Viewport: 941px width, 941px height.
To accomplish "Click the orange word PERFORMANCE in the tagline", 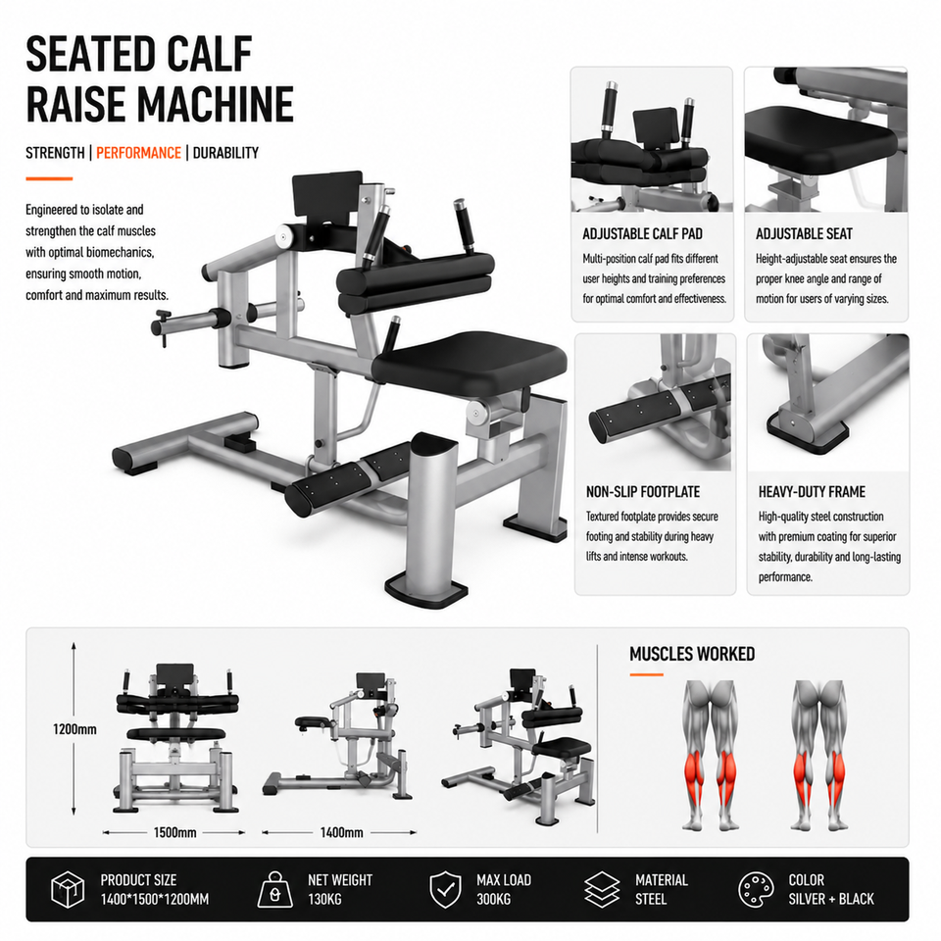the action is click(138, 153).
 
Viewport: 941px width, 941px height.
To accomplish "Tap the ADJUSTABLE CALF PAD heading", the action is click(642, 234).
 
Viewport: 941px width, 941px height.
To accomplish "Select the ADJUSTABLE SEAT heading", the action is click(804, 234).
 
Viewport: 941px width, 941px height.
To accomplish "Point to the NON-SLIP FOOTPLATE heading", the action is click(643, 492).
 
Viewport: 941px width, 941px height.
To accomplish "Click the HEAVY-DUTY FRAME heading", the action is click(812, 492).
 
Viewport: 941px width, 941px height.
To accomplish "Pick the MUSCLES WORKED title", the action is click(692, 654).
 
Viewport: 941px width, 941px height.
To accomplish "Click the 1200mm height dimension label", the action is click(74, 729).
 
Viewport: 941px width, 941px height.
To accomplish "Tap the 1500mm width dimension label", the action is click(174, 832).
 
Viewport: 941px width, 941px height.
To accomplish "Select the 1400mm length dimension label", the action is click(341, 832).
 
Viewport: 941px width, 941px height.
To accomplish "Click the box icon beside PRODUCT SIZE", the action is click(68, 889).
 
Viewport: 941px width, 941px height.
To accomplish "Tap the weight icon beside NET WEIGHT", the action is click(274, 889).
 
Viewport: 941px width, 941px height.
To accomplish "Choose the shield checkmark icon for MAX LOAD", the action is click(445, 889).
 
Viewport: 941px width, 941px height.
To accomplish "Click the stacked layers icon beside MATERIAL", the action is click(602, 889).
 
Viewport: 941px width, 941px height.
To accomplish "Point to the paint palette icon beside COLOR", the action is click(756, 889).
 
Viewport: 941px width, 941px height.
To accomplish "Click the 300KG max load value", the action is click(493, 899).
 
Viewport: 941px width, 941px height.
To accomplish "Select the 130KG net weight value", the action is click(324, 899).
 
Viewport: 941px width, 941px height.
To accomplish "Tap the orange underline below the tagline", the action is click(49, 178).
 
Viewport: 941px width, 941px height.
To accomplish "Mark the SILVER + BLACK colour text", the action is click(831, 899).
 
